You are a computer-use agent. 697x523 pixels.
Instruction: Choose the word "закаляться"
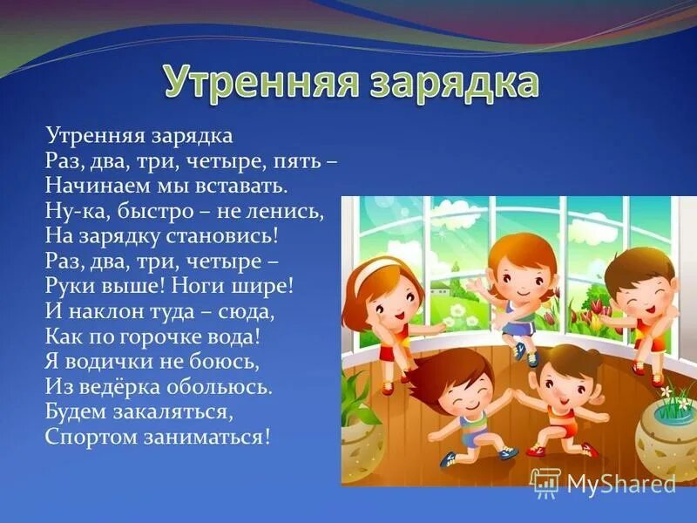point(177,411)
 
